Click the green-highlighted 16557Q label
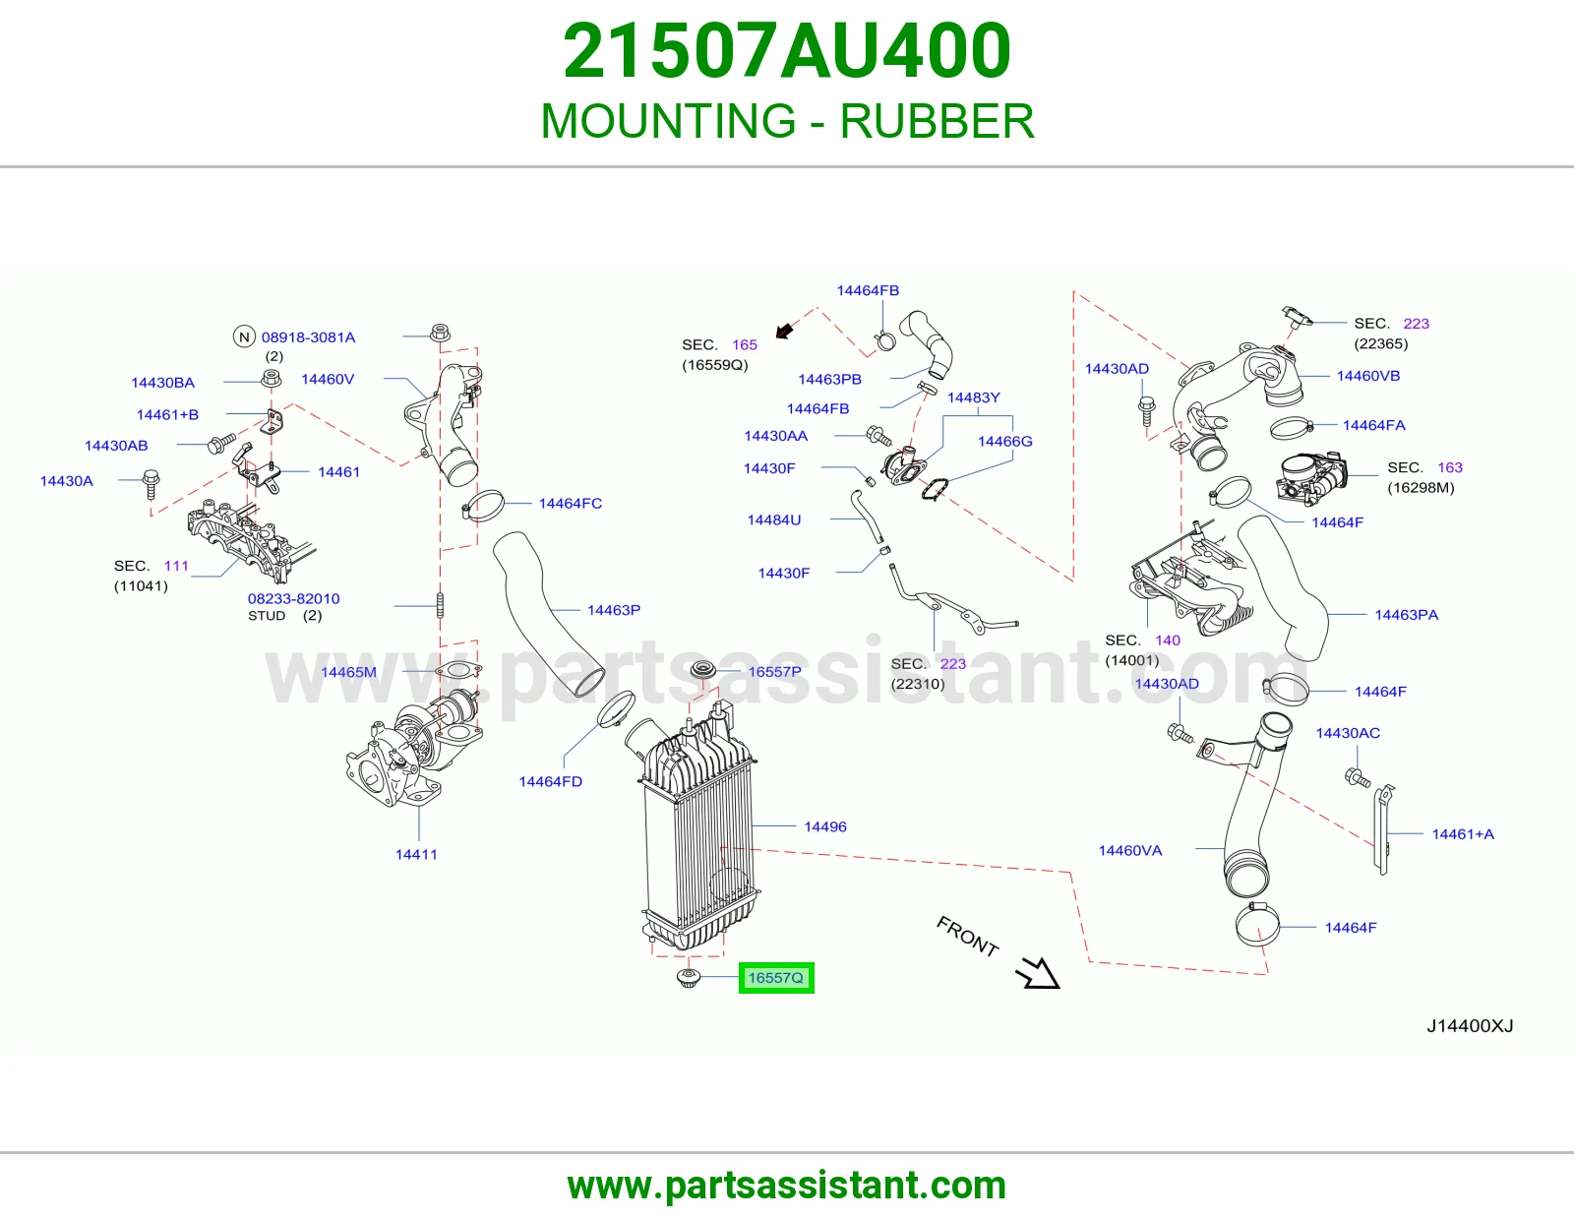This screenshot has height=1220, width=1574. (x=776, y=978)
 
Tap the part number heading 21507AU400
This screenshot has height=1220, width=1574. (x=787, y=51)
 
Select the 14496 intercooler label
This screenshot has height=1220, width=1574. (x=825, y=826)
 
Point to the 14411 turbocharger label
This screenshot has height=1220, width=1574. (x=416, y=854)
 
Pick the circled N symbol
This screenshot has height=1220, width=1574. (x=244, y=336)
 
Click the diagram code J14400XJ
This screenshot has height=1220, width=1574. (x=1470, y=1026)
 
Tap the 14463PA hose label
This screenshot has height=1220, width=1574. (x=1406, y=615)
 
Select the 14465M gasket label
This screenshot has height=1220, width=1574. (x=348, y=672)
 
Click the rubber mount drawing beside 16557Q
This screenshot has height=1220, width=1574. (x=689, y=978)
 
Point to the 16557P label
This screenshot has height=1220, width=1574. (x=774, y=672)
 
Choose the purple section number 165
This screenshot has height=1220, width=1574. (x=744, y=344)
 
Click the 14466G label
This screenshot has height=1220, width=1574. (x=1004, y=441)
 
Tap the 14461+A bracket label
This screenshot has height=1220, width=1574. (x=1463, y=834)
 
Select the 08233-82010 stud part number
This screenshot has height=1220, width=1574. (x=293, y=598)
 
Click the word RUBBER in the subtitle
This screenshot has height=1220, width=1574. (x=937, y=121)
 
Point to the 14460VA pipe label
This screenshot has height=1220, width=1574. (x=1130, y=850)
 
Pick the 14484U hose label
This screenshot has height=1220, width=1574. (x=773, y=520)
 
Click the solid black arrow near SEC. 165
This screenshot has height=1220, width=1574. (x=784, y=332)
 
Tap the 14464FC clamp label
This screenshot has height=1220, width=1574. (x=570, y=504)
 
